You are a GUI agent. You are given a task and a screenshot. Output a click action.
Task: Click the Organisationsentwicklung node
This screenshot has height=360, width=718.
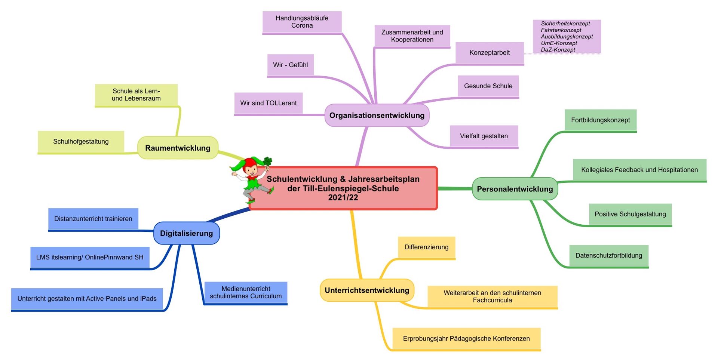[x=377, y=115]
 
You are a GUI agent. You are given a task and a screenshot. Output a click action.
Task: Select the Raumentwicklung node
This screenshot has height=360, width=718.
[x=178, y=148]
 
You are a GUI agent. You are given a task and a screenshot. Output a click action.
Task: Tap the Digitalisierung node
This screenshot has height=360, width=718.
[x=186, y=233]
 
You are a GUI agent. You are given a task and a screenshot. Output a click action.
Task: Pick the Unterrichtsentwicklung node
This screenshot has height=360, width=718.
[x=367, y=290]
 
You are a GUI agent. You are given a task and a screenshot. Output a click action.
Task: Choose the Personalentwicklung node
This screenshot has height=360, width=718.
[x=515, y=189]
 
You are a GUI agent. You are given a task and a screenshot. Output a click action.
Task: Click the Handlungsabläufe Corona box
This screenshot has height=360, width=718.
[x=302, y=22]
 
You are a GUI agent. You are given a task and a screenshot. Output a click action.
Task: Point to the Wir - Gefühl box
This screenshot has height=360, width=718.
[x=291, y=65]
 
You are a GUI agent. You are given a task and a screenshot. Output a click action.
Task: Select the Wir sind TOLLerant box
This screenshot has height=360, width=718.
[x=269, y=103]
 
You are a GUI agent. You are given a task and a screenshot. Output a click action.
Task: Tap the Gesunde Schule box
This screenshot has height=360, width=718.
[x=488, y=86]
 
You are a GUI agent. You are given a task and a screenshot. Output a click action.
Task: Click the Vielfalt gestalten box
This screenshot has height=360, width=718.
[x=484, y=136]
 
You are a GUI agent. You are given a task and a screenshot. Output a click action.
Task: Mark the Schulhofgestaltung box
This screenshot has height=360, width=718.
[x=81, y=142]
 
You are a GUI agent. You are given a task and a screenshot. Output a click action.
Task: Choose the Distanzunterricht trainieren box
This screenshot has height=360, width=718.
[x=93, y=219]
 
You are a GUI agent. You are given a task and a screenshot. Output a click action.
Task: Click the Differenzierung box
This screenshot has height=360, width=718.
[x=426, y=247]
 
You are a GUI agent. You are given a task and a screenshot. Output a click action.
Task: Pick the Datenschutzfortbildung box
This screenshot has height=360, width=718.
[x=609, y=256]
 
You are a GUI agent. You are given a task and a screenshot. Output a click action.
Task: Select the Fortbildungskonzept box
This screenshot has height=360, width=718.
[x=600, y=120]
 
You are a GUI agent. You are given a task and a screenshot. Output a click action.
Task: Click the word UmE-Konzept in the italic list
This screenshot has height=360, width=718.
[x=559, y=43]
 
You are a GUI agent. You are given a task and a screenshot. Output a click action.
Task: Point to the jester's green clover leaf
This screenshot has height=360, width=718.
[x=268, y=161]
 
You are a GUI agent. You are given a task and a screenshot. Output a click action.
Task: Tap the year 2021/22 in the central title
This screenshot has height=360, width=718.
[x=343, y=197]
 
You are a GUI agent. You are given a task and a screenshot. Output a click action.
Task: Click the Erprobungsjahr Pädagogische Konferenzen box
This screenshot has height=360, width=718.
[x=466, y=339]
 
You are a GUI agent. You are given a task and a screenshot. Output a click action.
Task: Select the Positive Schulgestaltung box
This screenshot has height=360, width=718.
[x=630, y=215]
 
